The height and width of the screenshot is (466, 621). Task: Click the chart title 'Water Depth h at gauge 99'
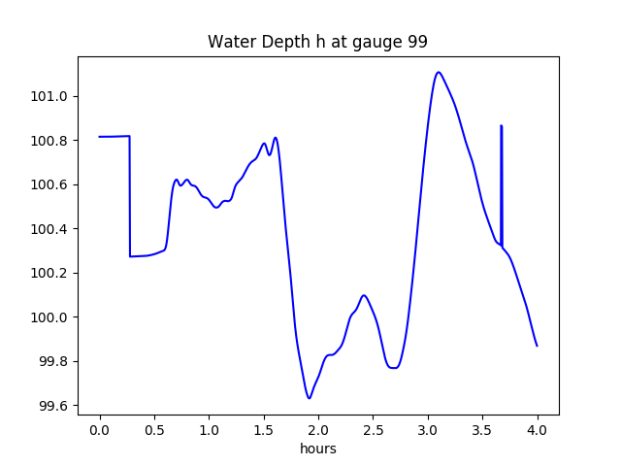tap(317, 43)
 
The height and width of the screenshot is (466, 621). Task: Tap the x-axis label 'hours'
tap(317, 449)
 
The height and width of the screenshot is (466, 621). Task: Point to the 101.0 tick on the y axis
tap(50, 96)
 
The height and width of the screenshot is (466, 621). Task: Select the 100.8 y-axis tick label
tap(50, 141)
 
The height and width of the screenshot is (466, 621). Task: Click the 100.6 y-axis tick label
tap(50, 184)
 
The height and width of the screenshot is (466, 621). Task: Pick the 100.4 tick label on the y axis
tap(50, 229)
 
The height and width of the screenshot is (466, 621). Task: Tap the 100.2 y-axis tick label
tap(50, 273)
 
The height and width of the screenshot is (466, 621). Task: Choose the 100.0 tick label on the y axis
tap(50, 317)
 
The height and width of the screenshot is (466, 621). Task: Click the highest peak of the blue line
tap(439, 72)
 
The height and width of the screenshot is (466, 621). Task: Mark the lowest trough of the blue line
tap(309, 398)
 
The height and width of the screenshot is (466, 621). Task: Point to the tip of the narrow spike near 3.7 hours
tap(501, 125)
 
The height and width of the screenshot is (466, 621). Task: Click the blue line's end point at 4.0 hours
tap(537, 346)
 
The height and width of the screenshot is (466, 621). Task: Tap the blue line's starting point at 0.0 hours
tap(100, 137)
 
